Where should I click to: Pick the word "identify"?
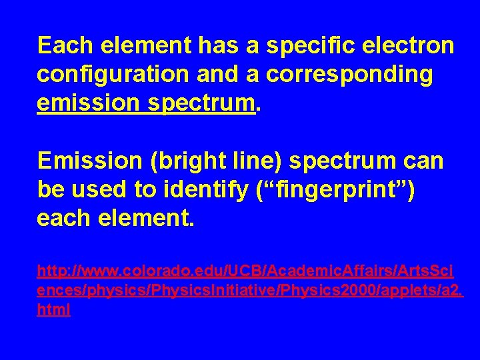(x=209, y=190)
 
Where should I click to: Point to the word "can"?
(x=422, y=161)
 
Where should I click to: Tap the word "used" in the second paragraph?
(x=101, y=190)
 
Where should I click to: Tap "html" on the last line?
(x=54, y=310)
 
